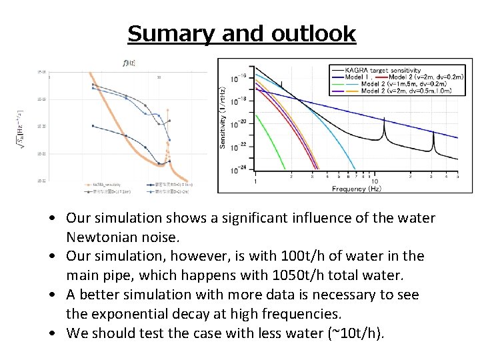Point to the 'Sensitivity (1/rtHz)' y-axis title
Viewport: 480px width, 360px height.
coord(223,116)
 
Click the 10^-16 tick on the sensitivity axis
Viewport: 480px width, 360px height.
coord(238,77)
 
